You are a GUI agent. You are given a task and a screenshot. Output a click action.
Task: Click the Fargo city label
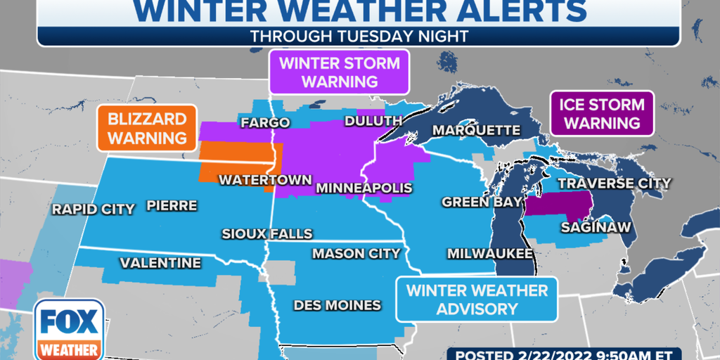pos(264,122)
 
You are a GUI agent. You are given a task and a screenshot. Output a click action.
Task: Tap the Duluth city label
pos(373,121)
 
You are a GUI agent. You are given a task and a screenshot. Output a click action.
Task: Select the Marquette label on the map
pos(476,130)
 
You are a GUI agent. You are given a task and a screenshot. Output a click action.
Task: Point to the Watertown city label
pos(264,180)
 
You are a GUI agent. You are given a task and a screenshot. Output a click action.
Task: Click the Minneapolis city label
pos(364,188)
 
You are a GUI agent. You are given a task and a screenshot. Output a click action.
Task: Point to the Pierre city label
pos(172,206)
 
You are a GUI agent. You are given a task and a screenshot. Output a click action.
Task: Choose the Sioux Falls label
pos(266,234)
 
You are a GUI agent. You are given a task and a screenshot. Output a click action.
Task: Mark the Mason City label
pos(356,253)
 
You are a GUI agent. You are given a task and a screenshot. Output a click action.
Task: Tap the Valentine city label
pos(160,263)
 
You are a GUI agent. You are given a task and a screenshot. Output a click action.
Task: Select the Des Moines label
pos(337,305)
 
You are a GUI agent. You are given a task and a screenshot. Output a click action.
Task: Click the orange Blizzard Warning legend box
pos(147,128)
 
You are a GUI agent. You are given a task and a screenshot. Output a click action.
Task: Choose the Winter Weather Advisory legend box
pos(476,298)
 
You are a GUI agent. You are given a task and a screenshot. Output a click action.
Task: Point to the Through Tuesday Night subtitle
pos(360,35)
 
